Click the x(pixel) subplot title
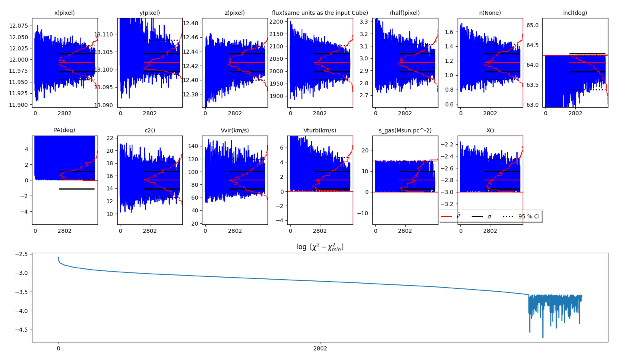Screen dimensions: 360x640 pyautogui.click(x=64, y=13)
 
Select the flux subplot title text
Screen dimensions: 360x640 pyautogui.click(x=320, y=13)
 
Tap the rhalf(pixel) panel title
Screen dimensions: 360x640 pyautogui.click(x=405, y=13)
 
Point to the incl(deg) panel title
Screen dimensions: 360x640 pyautogui.click(x=575, y=13)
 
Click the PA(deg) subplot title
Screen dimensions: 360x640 pyautogui.click(x=64, y=130)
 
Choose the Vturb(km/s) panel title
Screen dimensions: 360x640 pyautogui.click(x=320, y=130)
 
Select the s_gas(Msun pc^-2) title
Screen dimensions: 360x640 pyautogui.click(x=405, y=130)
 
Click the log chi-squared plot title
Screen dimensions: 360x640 pyautogui.click(x=320, y=247)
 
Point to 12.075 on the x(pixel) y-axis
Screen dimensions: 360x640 pyautogui.click(x=18, y=26)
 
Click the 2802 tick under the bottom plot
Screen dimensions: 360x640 pyautogui.click(x=320, y=348)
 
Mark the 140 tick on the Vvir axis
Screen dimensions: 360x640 pyautogui.click(x=193, y=146)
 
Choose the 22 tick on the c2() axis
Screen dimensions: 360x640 pyautogui.click(x=110, y=138)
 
